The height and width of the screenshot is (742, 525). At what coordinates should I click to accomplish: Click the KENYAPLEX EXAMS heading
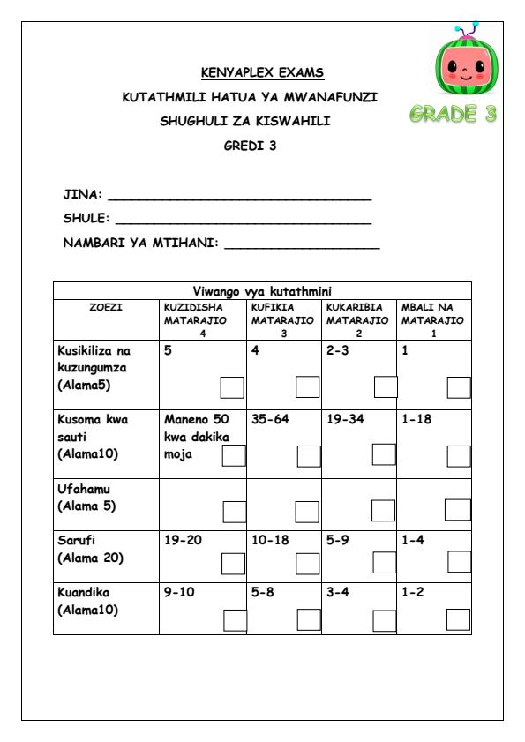tap(262, 72)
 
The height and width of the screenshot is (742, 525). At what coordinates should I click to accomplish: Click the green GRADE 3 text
tap(453, 116)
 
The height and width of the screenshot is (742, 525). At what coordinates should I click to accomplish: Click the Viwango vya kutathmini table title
tap(262, 290)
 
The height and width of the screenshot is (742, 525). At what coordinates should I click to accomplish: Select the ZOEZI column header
tap(106, 307)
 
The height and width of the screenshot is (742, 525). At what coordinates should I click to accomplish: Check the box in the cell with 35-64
tap(309, 455)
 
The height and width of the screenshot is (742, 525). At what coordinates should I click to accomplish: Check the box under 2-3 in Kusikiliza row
tap(386, 386)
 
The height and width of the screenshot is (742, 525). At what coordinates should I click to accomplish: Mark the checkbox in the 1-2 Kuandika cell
tap(458, 619)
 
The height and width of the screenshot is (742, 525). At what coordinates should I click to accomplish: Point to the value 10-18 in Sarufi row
tap(270, 540)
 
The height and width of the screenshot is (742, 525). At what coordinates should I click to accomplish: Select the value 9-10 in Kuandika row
tap(179, 592)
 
